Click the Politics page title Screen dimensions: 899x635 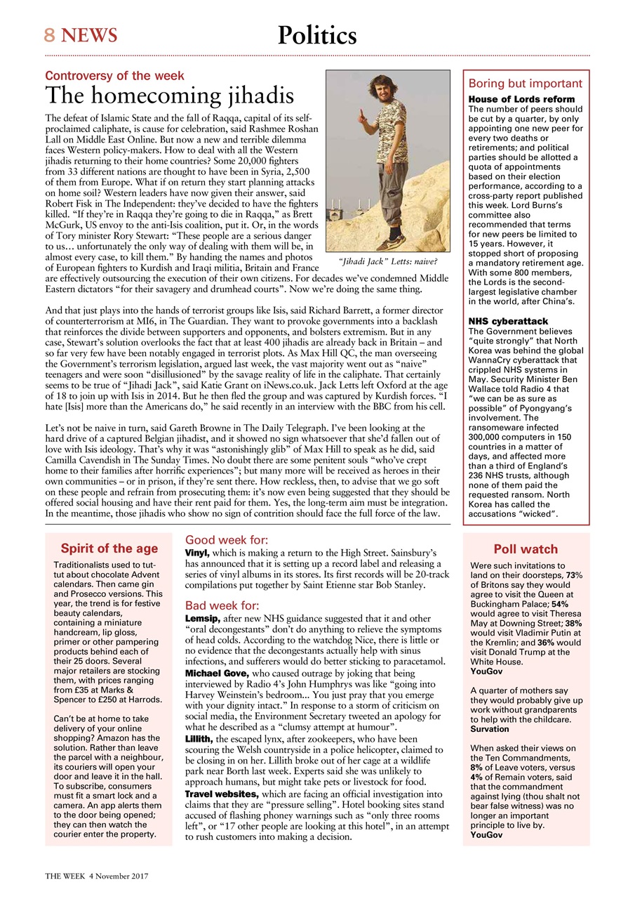317,34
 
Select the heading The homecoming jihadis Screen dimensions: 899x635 169,96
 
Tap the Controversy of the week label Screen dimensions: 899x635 114,76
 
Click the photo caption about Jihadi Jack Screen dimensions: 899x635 388,263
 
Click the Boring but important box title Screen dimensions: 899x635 525,83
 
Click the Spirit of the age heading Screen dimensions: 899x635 109,549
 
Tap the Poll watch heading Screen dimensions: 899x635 526,549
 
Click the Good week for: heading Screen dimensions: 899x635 226,540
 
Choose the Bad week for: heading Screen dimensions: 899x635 222,605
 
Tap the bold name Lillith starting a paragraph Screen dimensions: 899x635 199,739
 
